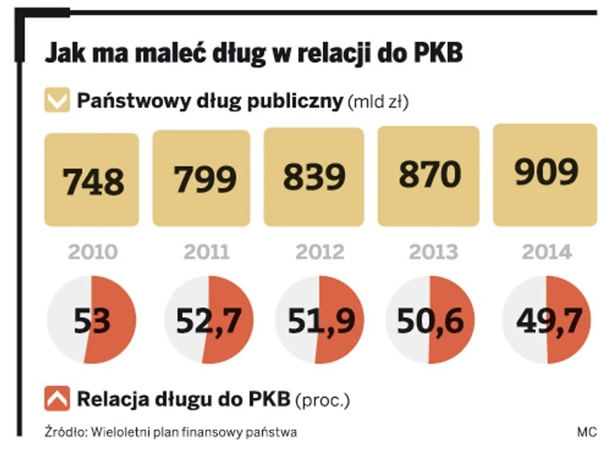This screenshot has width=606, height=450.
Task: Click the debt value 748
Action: (x=93, y=181)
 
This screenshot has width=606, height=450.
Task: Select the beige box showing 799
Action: (x=202, y=179)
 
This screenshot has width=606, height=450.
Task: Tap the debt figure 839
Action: (x=313, y=177)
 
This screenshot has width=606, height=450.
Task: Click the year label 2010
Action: (x=93, y=251)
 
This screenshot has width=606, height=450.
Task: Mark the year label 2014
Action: (x=545, y=251)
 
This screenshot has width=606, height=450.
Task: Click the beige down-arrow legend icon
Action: (x=57, y=101)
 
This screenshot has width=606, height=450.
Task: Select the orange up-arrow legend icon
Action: (x=57, y=398)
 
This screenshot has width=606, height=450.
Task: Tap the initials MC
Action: (x=586, y=432)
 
